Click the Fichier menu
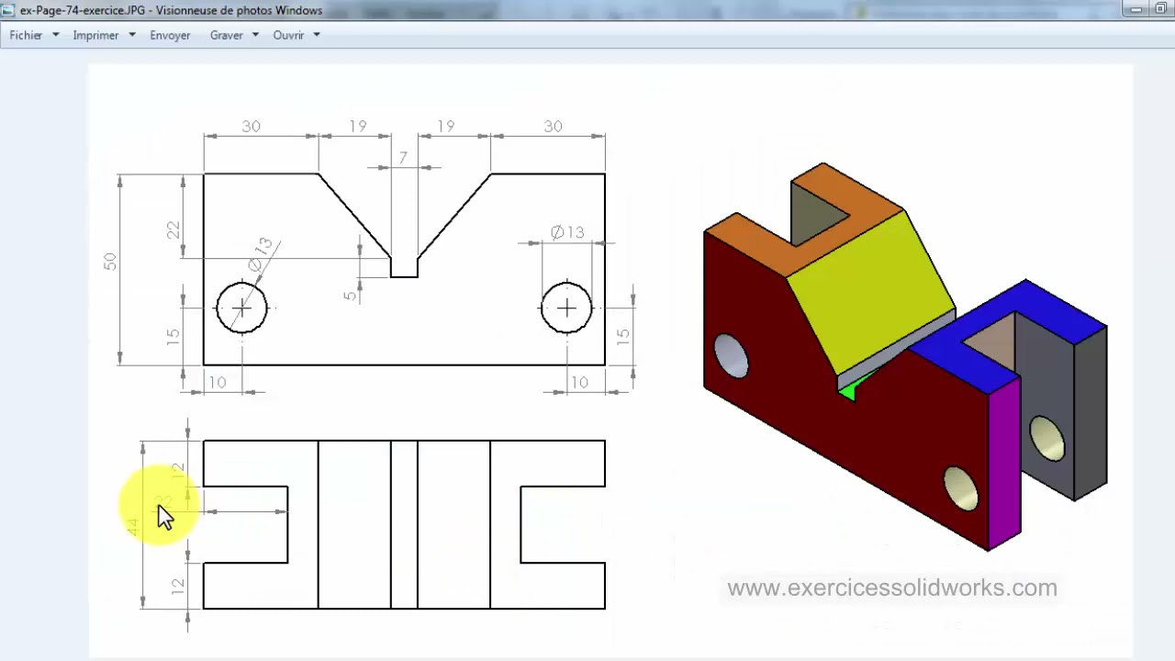[27, 35]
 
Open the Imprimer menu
[96, 35]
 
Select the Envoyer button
[170, 35]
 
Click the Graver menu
[227, 35]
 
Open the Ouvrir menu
[288, 35]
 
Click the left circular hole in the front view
[241, 308]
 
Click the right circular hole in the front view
[566, 308]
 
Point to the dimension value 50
[110, 262]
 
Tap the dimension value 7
[403, 158]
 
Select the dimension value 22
[173, 230]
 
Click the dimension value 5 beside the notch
[350, 296]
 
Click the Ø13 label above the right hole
[567, 232]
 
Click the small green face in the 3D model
[849, 389]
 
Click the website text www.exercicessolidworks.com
[891, 588]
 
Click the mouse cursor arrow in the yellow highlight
[164, 516]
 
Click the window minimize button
[1136, 9]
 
